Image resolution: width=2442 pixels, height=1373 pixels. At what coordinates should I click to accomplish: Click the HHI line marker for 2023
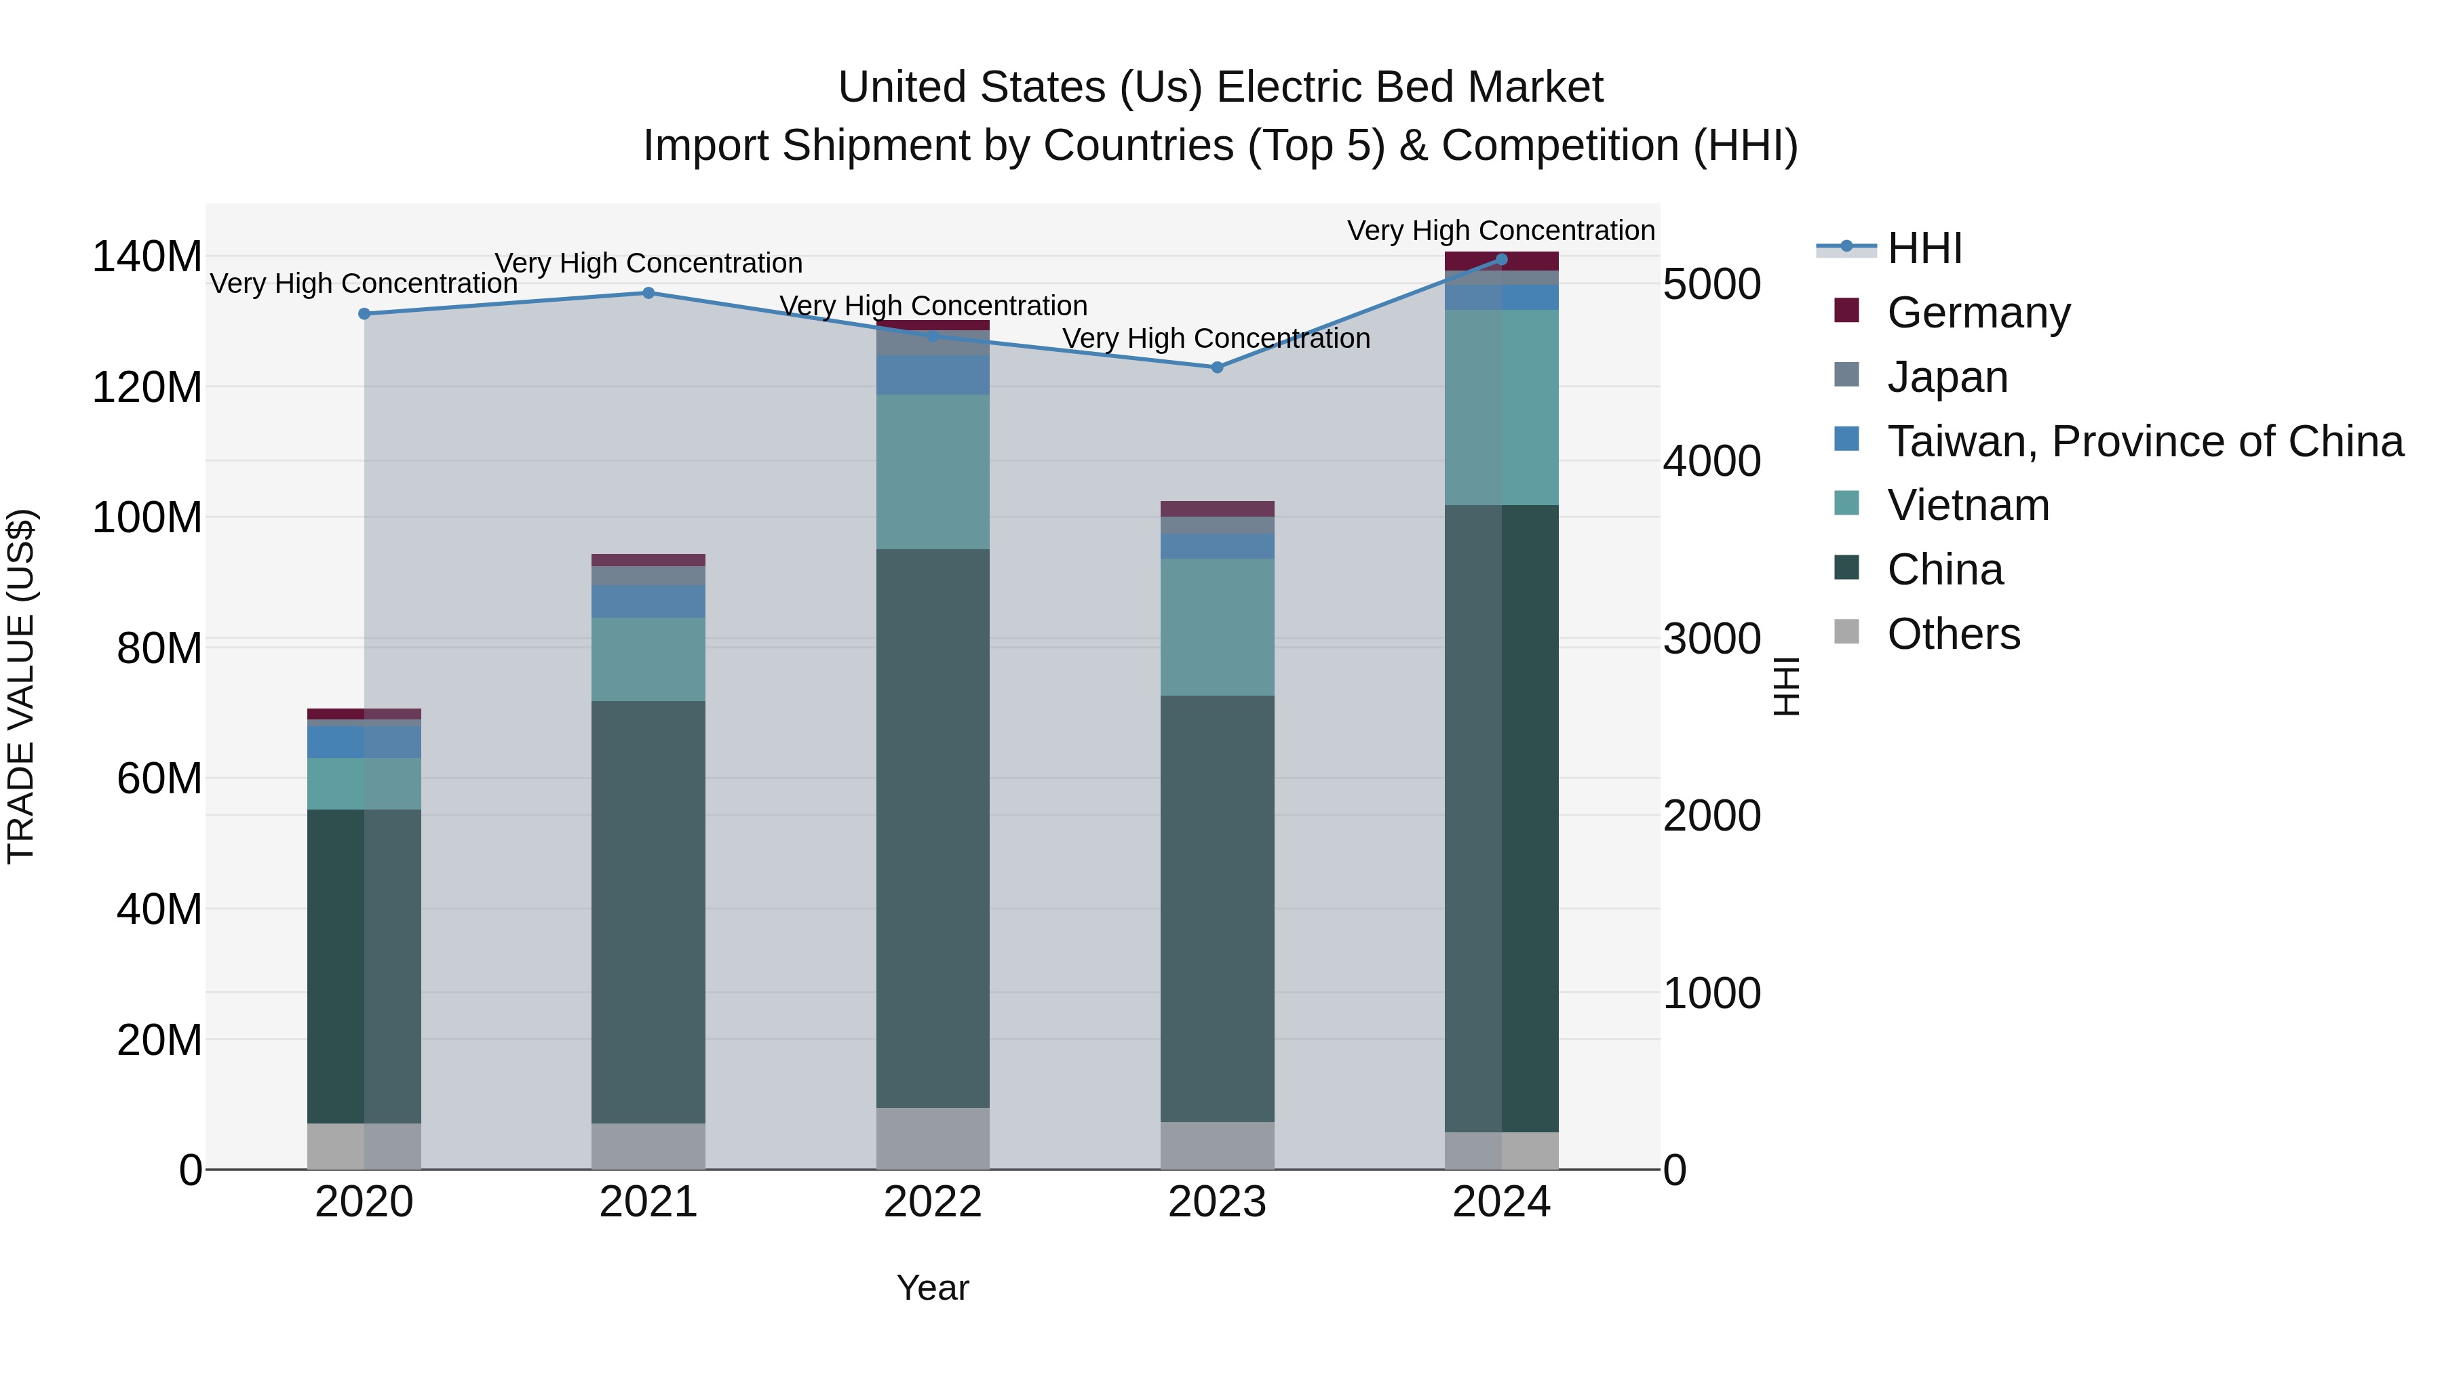(1217, 367)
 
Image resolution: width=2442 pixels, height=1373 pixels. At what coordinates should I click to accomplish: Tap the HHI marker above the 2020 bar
(364, 314)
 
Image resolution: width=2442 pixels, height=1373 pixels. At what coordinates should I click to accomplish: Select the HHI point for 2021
(648, 293)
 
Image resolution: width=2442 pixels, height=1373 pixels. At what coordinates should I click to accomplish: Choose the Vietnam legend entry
(1967, 505)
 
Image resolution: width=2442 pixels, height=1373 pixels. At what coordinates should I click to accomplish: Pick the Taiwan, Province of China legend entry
(2144, 441)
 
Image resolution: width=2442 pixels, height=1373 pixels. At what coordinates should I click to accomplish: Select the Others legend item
(1953, 634)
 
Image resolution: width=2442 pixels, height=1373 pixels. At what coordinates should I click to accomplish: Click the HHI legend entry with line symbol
(1924, 248)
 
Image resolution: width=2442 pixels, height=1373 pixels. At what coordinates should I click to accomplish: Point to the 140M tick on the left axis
(147, 257)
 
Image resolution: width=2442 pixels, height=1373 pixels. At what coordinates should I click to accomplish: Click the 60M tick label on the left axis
(158, 779)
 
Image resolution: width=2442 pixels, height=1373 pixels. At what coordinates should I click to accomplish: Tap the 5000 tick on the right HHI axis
(1712, 284)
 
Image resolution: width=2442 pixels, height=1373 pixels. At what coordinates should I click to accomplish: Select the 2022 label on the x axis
(933, 1202)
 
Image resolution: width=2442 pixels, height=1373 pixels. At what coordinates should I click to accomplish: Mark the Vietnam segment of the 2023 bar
(1217, 626)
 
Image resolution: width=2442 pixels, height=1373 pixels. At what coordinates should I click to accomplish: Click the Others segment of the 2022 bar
(933, 1138)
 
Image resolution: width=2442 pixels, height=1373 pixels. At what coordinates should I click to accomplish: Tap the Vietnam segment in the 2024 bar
(1502, 407)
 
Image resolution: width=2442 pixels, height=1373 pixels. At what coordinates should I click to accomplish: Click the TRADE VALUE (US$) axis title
(21, 686)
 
